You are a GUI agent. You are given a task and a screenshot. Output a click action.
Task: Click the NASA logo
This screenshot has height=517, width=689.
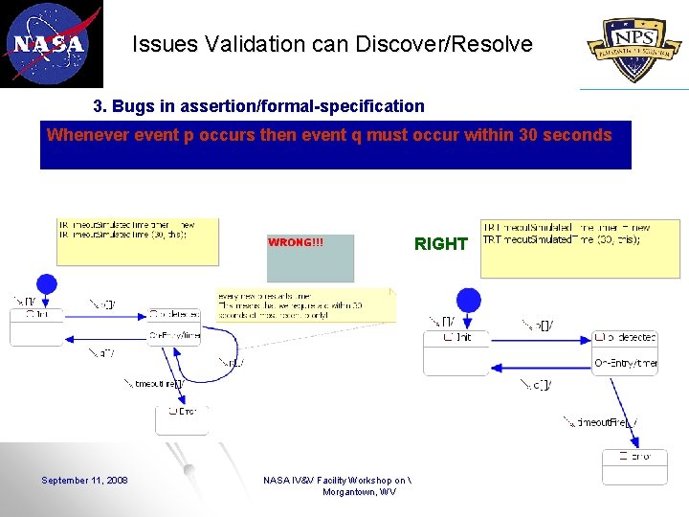tap(50, 43)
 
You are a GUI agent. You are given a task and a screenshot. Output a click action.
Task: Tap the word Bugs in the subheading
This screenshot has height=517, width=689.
tap(133, 106)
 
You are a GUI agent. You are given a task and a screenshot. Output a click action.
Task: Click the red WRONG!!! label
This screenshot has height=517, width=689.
tap(296, 242)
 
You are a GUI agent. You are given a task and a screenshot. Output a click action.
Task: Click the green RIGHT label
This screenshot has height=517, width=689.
tap(440, 244)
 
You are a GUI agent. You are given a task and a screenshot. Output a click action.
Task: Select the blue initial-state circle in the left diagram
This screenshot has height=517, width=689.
tap(46, 283)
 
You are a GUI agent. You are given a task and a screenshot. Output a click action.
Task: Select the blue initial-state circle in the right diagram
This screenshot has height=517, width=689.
tap(468, 300)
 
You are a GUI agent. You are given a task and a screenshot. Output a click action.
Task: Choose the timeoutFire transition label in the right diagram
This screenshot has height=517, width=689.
tap(603, 422)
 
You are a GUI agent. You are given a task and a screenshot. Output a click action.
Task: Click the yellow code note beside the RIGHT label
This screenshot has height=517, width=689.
tap(580, 248)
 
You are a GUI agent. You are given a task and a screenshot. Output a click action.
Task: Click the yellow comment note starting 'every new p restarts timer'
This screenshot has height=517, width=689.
tap(304, 305)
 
